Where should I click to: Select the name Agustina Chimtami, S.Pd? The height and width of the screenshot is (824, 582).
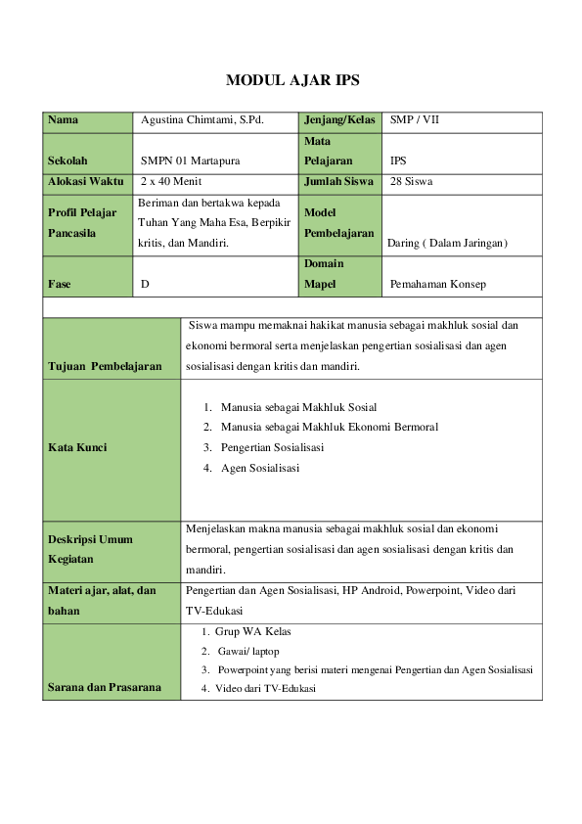pos(203,120)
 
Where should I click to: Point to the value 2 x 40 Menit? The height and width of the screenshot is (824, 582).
pos(171,181)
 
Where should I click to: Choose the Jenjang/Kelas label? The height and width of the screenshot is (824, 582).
pos(339,120)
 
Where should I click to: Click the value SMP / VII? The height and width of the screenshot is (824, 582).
pos(416,120)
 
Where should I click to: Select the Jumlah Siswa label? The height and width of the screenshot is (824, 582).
pos(339,181)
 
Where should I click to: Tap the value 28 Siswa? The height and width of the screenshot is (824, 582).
pos(412,181)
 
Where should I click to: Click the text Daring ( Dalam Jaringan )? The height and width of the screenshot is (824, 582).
pos(447,243)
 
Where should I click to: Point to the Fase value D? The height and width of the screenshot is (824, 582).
pos(145,284)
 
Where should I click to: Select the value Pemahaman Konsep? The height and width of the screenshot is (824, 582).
pos(437,284)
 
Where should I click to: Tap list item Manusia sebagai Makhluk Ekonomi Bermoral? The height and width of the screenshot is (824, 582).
pos(329,427)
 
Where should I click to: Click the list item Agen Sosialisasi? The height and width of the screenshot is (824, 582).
pos(260,468)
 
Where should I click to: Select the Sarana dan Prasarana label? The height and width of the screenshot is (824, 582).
pos(105,688)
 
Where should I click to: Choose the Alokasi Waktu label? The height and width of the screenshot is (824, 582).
pos(85,181)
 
